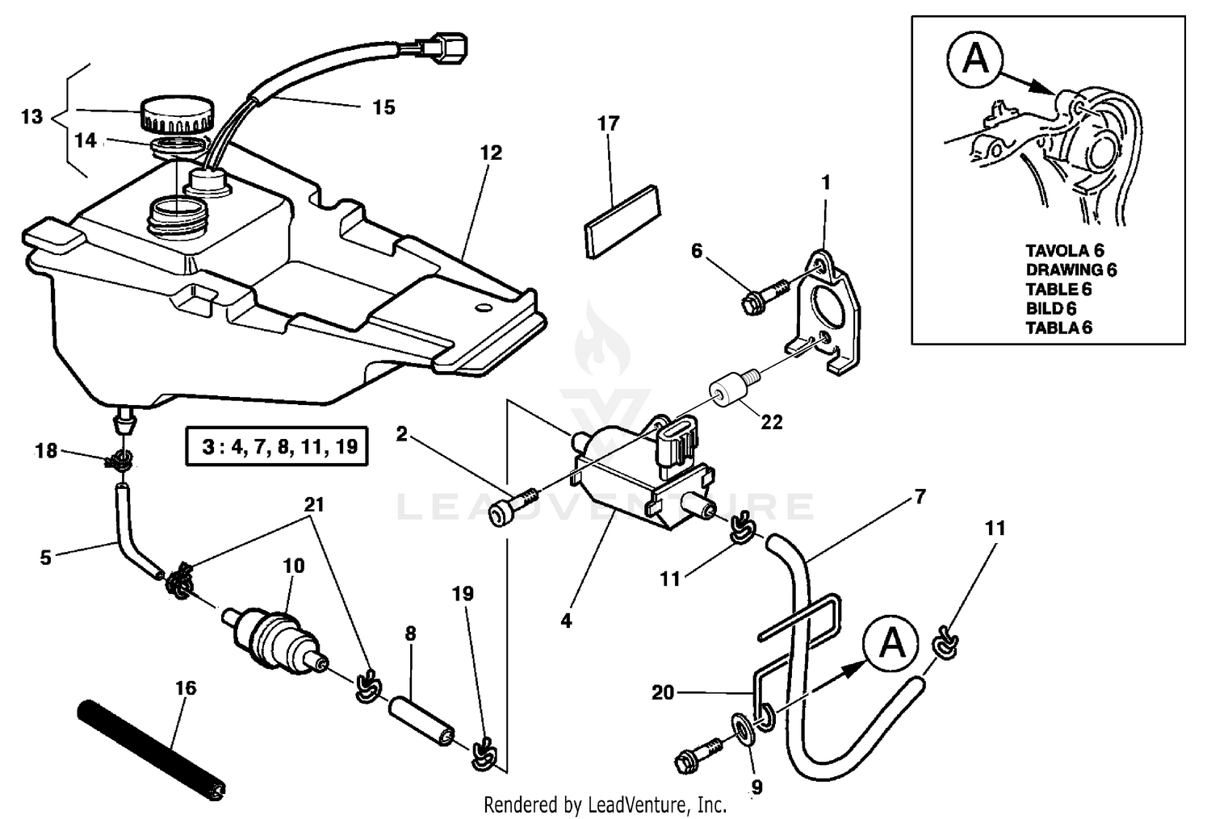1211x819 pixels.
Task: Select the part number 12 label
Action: point(491,153)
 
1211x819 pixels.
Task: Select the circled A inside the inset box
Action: point(975,59)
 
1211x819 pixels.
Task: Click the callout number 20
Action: point(662,692)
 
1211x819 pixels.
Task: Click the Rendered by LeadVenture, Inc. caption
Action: point(605,804)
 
